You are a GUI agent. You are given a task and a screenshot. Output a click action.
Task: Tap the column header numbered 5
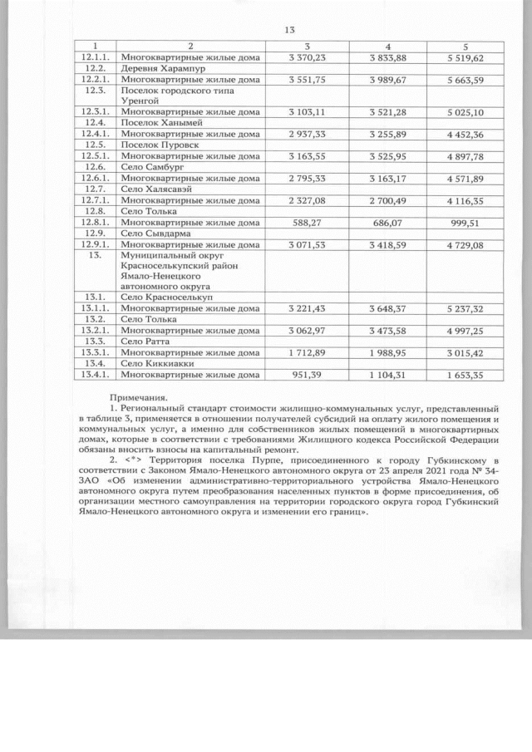pos(470,47)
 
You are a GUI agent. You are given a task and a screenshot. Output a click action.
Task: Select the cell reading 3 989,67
pos(388,79)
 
